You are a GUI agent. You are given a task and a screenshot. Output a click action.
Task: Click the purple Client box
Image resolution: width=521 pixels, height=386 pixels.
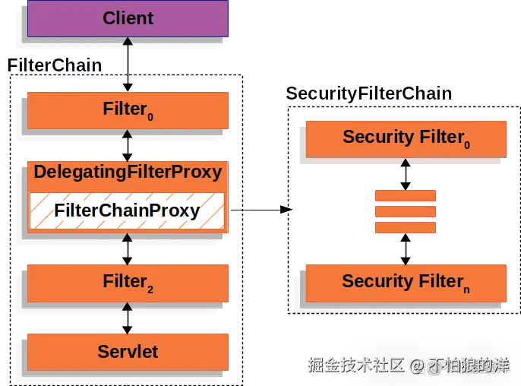(128, 18)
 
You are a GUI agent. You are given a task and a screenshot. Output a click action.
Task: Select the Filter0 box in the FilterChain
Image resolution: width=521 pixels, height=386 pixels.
(128, 110)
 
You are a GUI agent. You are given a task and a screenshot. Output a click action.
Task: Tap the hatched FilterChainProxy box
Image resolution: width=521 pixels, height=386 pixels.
(128, 211)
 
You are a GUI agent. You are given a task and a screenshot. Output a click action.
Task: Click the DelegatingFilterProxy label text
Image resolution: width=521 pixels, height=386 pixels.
(128, 172)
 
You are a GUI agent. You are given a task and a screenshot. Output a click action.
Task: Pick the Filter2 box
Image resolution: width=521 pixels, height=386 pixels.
(128, 283)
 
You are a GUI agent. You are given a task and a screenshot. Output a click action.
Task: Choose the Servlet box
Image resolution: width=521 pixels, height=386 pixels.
(128, 351)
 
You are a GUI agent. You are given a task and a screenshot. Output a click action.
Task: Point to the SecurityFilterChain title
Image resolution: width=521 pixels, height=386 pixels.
(369, 94)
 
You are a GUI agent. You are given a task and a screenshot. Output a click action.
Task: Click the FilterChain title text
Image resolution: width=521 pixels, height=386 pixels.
(55, 65)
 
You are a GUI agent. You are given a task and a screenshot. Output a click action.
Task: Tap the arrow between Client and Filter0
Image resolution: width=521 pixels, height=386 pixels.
(128, 65)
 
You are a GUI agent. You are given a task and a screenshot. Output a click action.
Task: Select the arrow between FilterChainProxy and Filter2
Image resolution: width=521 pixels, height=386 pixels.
(128, 248)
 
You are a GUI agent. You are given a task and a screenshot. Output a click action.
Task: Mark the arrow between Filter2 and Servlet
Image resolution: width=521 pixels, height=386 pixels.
(128, 318)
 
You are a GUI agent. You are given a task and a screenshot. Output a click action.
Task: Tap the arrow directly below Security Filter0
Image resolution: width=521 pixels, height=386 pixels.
(406, 174)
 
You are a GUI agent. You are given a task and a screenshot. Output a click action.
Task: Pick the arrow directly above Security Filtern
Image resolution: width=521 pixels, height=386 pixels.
(406, 248)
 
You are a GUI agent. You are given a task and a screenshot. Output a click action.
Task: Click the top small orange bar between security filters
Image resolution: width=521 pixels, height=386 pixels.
(406, 196)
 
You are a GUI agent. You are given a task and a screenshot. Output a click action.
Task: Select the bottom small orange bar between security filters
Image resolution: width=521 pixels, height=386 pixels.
(406, 227)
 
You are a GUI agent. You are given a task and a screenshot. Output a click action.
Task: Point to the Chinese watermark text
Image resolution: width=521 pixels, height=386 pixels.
(407, 365)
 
